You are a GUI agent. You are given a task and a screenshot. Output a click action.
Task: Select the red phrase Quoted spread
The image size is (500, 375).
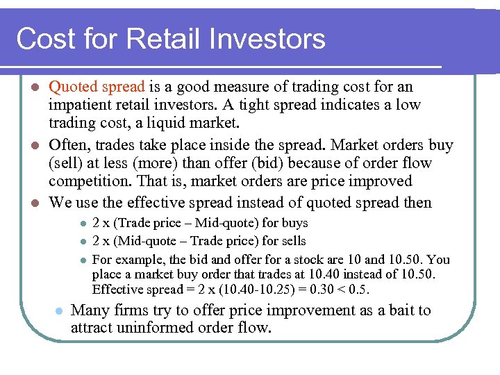click(x=97, y=87)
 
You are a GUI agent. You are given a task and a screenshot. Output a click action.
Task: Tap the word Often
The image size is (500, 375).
click(x=67, y=145)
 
